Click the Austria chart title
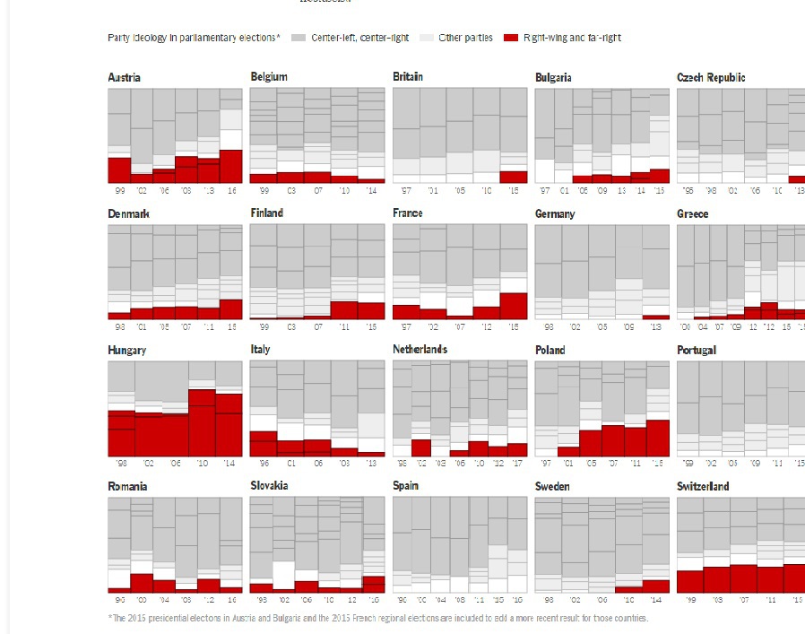point(124,78)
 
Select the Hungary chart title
point(126,351)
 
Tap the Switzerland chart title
point(703,487)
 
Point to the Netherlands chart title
point(420,350)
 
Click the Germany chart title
point(555,214)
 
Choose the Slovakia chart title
point(269,486)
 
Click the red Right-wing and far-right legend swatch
point(511,38)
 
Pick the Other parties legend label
point(465,38)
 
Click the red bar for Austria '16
point(231,166)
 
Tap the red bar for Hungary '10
point(202,422)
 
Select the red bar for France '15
point(514,306)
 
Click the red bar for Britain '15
point(514,177)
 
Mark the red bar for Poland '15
point(657,438)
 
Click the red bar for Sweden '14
point(655,586)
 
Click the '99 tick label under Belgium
point(264,190)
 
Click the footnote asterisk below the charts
point(110,617)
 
